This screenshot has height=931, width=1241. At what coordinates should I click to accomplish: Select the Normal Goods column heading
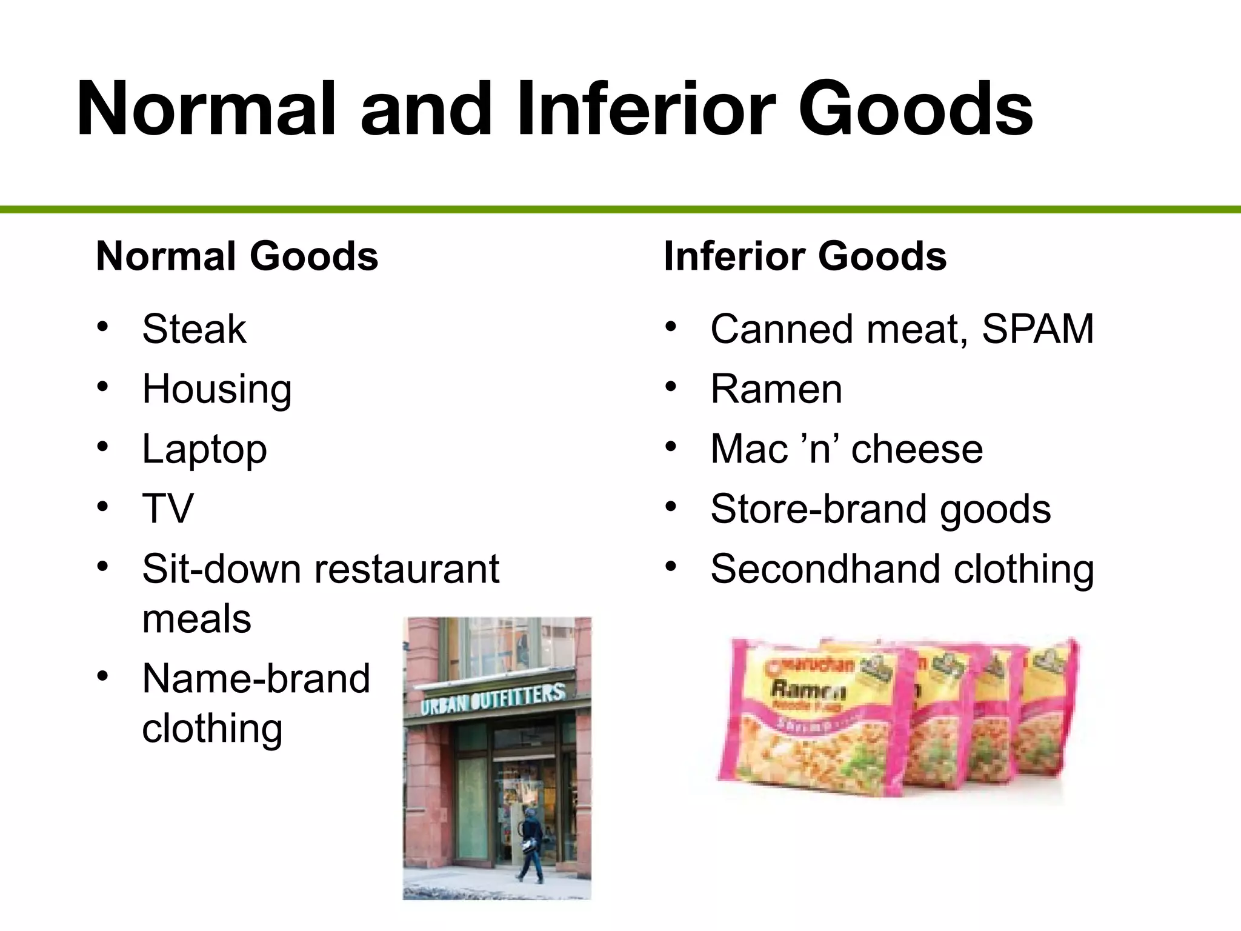click(237, 256)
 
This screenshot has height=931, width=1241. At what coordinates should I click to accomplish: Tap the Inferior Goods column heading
click(805, 256)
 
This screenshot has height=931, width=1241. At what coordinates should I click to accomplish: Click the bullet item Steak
click(194, 329)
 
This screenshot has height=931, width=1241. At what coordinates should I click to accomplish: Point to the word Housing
click(217, 389)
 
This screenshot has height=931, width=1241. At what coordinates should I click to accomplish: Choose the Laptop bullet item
click(204, 450)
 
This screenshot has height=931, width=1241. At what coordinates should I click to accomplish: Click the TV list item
click(168, 509)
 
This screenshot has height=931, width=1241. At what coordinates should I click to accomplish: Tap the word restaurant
click(406, 569)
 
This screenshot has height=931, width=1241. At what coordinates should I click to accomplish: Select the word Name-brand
click(256, 678)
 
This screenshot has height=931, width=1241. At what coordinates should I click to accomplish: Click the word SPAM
click(1037, 329)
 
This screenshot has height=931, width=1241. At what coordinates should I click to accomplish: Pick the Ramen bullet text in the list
click(776, 389)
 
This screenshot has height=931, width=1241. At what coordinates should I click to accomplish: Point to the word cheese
click(917, 450)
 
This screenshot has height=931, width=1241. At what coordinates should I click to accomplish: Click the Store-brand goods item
click(880, 509)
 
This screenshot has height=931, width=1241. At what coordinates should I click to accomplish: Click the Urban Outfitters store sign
click(493, 699)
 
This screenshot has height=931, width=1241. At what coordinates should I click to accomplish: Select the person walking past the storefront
click(530, 846)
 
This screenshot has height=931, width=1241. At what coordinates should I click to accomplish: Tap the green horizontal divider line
click(620, 210)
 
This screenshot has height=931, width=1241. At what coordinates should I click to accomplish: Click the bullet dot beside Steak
click(102, 327)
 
